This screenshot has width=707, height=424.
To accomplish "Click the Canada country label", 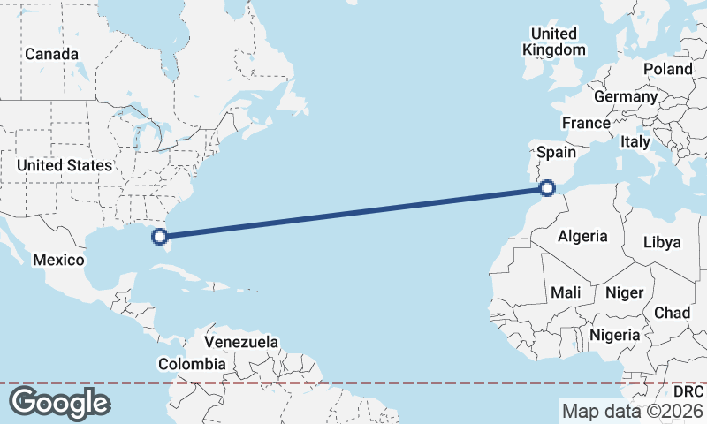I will [x=51, y=55].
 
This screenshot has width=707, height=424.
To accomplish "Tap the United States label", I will [x=65, y=165].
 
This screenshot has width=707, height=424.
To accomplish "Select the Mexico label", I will [x=58, y=261].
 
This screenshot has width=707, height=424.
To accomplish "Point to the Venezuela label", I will [x=241, y=342].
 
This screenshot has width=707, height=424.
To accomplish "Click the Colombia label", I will [x=191, y=364].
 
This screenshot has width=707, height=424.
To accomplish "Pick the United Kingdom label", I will [x=554, y=42].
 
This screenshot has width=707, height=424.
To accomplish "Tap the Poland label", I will [x=668, y=69].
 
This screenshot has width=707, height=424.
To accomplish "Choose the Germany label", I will [x=626, y=96].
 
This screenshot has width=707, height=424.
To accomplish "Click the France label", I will [x=586, y=123].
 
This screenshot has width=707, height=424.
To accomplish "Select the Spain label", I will [x=557, y=152].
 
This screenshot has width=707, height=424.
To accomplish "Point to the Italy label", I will [x=635, y=141].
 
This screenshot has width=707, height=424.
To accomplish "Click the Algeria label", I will [x=582, y=236].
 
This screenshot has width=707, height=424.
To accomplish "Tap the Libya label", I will [x=663, y=242].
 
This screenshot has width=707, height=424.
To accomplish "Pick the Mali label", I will [x=566, y=292].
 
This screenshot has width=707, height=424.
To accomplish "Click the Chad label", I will [x=672, y=314].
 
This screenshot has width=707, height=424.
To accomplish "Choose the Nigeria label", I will [x=614, y=336].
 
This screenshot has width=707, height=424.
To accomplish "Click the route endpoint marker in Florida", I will [x=160, y=236].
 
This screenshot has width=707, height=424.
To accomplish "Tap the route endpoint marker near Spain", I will [x=547, y=187].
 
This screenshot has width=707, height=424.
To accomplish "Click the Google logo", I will [x=59, y=402].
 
